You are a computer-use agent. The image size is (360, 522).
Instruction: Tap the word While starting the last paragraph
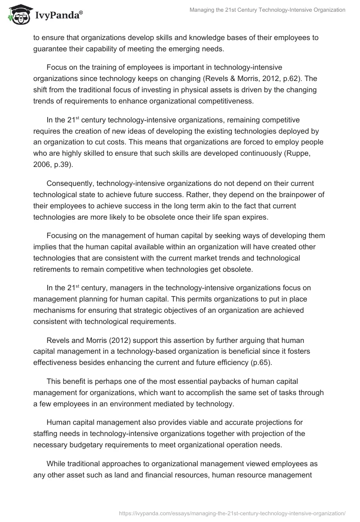[56, 461]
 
